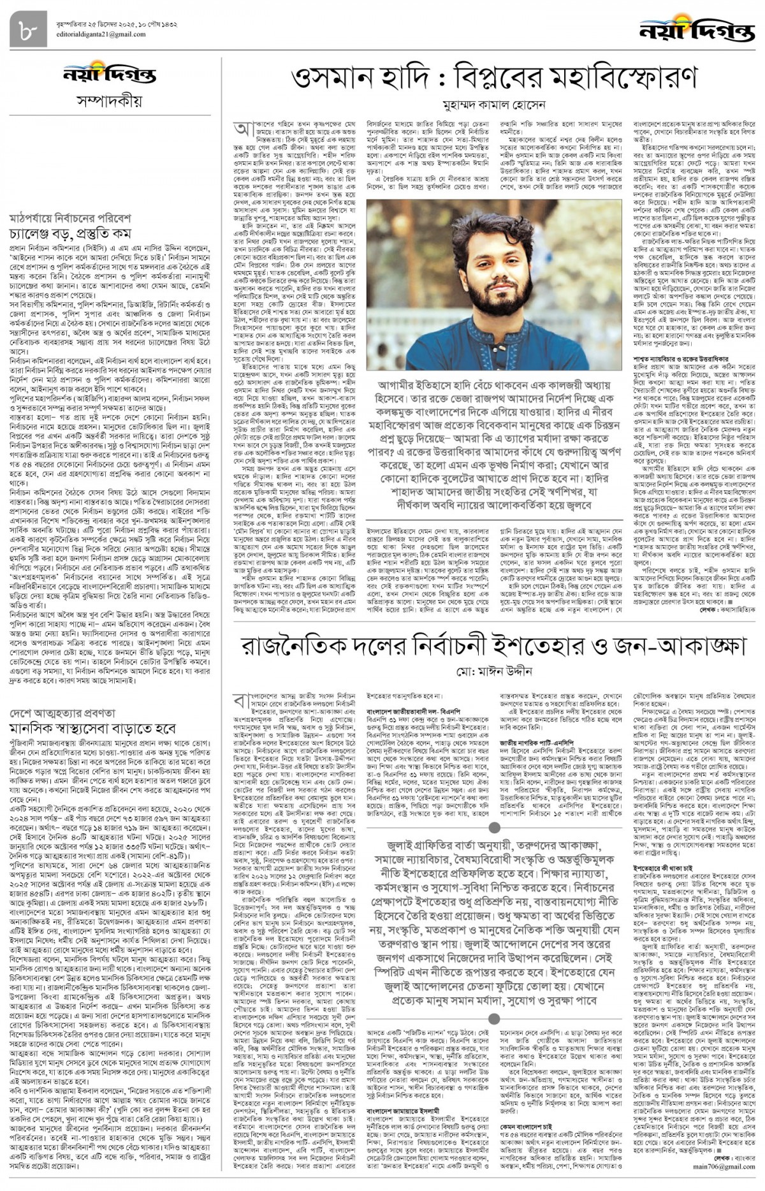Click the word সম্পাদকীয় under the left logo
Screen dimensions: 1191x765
(109, 101)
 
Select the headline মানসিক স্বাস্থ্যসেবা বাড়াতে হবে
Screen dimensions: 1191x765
(92, 727)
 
